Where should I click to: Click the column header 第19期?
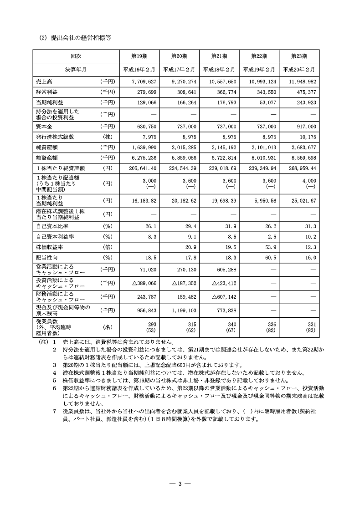tap(139, 56)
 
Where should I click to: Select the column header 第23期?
tap(299, 56)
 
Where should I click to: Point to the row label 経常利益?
tap(46, 92)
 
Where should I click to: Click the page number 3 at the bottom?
tap(180, 484)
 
